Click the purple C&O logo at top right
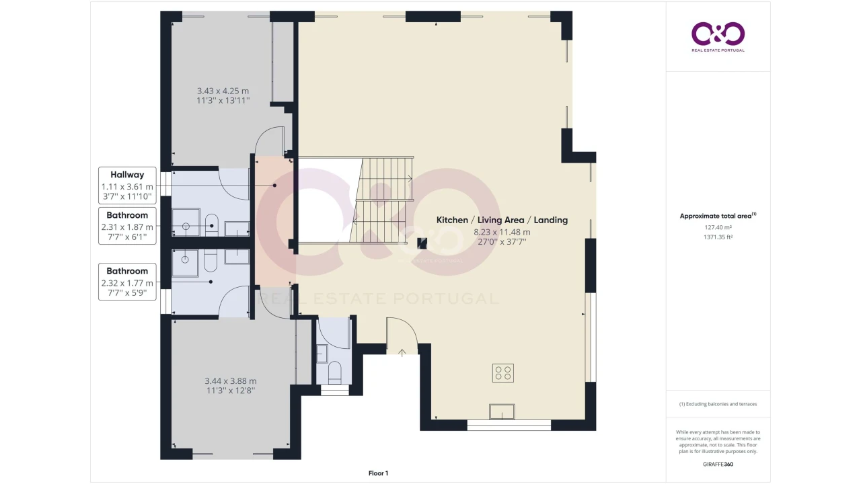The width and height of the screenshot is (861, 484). point(718,36)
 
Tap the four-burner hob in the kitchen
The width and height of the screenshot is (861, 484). point(502,372)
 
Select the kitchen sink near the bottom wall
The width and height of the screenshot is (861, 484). point(502,411)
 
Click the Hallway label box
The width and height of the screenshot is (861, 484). point(127,186)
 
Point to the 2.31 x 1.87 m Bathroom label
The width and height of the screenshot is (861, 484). point(127,226)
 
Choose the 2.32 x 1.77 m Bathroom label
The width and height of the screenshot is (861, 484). point(127,282)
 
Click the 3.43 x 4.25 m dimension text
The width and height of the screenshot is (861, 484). point(223,91)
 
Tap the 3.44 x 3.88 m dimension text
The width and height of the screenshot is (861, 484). point(231,381)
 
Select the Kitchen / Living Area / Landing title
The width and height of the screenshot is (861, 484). point(502,220)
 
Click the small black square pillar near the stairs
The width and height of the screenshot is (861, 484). point(422,243)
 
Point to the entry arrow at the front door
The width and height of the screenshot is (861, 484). point(402,353)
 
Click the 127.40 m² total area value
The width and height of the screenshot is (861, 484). point(718,227)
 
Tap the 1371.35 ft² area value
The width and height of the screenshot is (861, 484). point(718,237)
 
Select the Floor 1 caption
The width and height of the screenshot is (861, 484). point(378,473)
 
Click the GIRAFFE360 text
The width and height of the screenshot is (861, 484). point(718,464)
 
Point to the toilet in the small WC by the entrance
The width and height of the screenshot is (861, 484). point(334,372)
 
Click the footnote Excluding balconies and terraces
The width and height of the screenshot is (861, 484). point(718,404)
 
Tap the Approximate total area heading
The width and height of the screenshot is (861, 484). point(718,216)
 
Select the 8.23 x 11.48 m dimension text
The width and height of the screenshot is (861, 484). point(502,232)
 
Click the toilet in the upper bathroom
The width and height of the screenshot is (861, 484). point(212,225)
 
